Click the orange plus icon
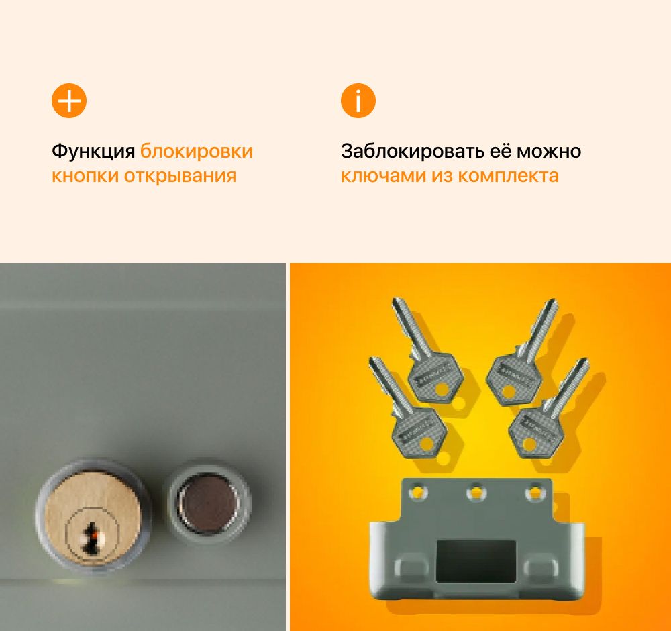tap(69, 101)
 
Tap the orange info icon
tap(358, 101)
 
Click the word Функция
tap(93, 151)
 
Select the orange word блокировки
tap(197, 151)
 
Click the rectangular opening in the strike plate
tap(476, 559)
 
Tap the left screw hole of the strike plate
tap(418, 492)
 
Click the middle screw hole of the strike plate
tap(477, 492)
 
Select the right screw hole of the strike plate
tap(535, 492)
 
